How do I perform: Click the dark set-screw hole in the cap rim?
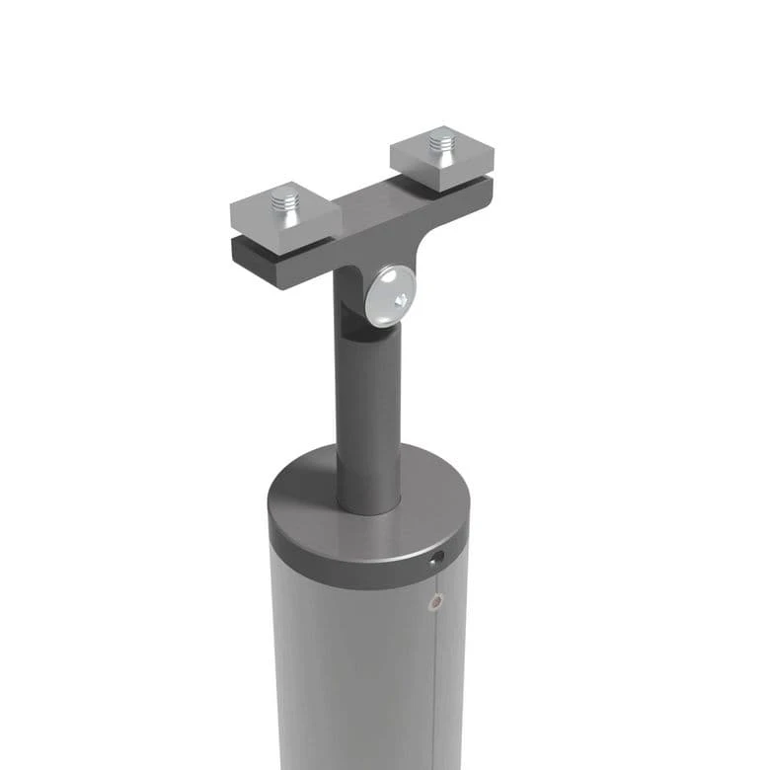pyautogui.click(x=436, y=560)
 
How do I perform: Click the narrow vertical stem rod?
pyautogui.click(x=367, y=415)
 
